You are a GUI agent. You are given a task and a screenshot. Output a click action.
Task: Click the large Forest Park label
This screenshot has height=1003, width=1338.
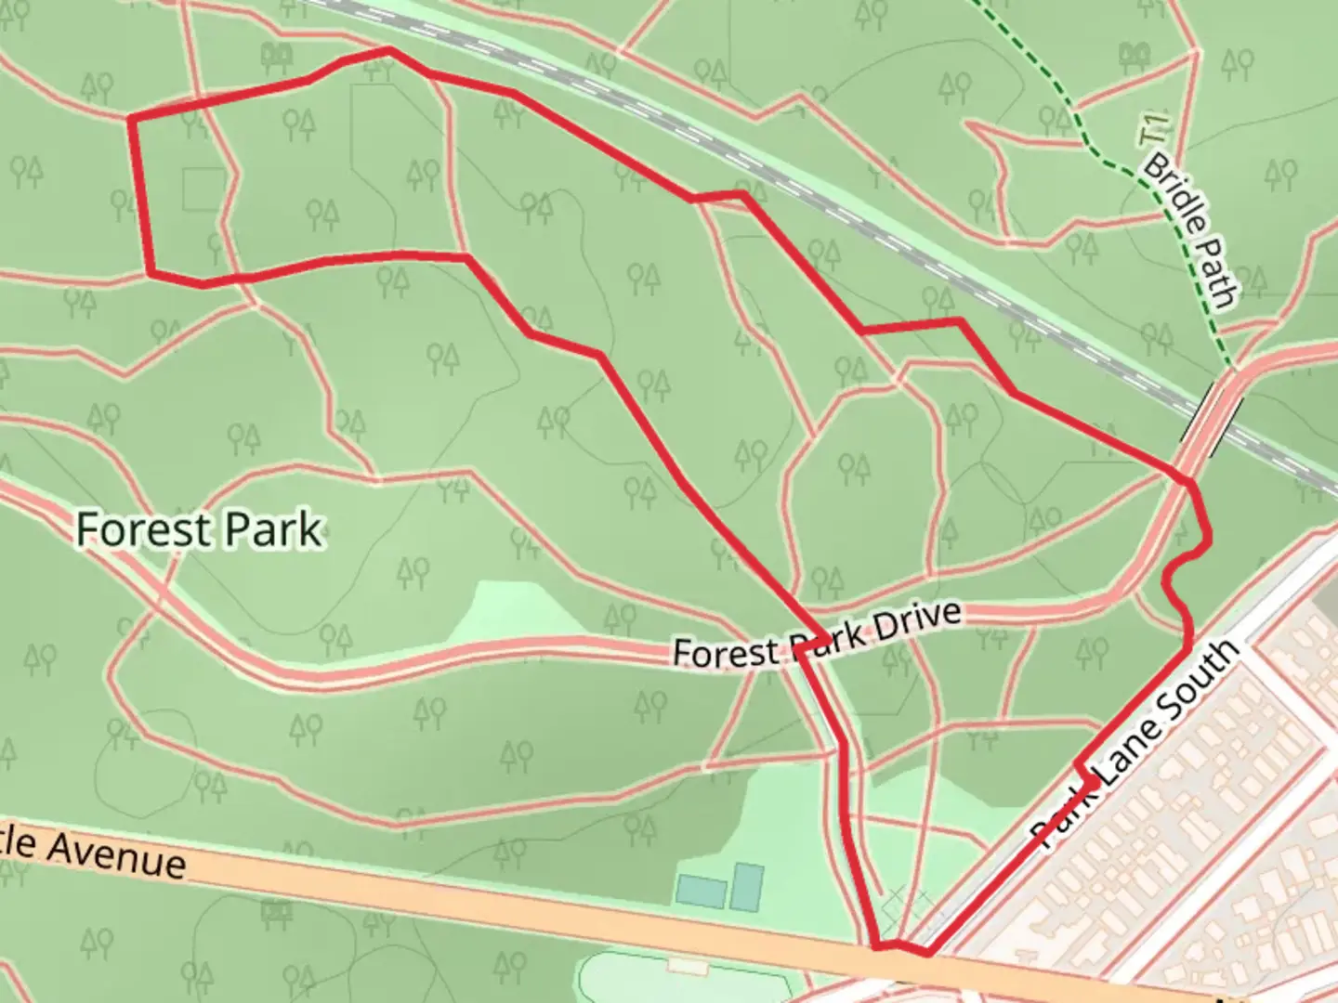point(199,530)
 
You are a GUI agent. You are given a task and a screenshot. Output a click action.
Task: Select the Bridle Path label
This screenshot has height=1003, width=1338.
point(1190,230)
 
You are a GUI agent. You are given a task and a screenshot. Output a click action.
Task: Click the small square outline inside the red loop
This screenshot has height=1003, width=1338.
point(203,189)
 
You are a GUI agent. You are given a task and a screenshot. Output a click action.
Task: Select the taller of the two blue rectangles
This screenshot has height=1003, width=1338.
point(746,886)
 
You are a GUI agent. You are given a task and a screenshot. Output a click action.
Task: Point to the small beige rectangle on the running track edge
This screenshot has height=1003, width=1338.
point(688,967)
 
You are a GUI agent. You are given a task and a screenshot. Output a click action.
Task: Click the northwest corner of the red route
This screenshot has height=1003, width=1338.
point(130,118)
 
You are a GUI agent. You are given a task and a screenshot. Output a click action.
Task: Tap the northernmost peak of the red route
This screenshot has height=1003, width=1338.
point(388,50)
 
